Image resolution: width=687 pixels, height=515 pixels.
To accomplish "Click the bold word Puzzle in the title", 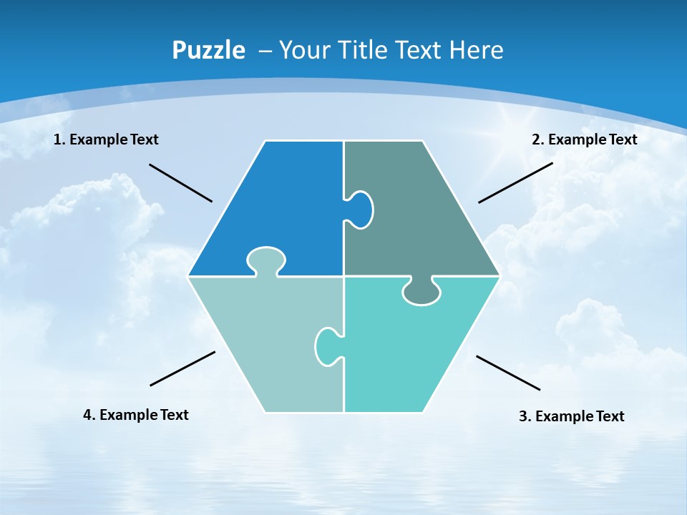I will tap(208, 50).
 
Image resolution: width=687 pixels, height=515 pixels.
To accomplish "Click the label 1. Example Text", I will tap(106, 139).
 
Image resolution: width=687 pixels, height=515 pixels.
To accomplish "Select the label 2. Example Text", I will tap(584, 139).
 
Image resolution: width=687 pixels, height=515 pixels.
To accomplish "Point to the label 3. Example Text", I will tap(571, 416).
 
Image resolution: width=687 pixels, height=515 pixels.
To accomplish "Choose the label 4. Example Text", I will tap(136, 415).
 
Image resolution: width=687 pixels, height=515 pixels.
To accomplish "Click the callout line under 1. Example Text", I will tap(180, 183).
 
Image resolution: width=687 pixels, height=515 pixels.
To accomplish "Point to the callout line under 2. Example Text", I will tap(515, 182).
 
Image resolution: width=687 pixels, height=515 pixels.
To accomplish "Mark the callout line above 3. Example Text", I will tap(508, 373).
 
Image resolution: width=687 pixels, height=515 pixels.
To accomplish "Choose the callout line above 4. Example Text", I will tap(182, 368).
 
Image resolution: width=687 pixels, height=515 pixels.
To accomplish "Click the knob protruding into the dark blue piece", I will tap(266, 260).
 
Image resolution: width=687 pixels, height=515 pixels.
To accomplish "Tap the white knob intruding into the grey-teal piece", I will tap(360, 210).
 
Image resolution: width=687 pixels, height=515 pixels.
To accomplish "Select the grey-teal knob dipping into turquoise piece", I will tap(422, 291).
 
